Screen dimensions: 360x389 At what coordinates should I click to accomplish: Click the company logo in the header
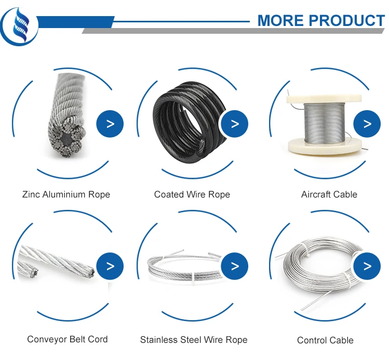(19, 24)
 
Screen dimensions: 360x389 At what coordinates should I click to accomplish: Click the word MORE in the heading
(280, 20)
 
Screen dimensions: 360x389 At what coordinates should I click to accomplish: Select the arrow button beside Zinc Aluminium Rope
(110, 124)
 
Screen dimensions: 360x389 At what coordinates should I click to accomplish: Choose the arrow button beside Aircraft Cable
(367, 124)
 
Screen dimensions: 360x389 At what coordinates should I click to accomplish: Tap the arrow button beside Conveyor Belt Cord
(110, 266)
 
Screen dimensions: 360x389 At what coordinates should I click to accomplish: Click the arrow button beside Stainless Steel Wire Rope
(235, 266)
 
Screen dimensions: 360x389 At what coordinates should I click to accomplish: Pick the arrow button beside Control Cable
(367, 266)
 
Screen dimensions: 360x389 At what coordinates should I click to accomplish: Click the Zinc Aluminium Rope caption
(66, 195)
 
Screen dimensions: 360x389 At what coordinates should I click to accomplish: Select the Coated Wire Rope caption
(192, 195)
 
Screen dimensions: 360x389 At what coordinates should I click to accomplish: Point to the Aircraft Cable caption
(329, 195)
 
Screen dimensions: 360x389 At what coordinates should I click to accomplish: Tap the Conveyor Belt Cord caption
(68, 340)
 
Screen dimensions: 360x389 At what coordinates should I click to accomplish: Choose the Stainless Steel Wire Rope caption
(194, 340)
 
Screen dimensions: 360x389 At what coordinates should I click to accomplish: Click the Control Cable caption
(325, 341)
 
